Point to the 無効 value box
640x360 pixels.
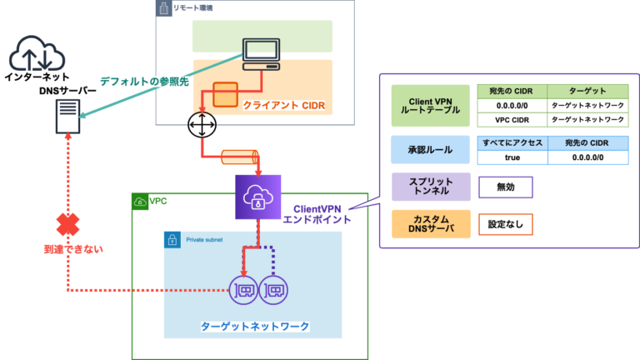505,187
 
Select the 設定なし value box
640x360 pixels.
505,223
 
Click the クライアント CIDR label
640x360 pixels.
282,106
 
